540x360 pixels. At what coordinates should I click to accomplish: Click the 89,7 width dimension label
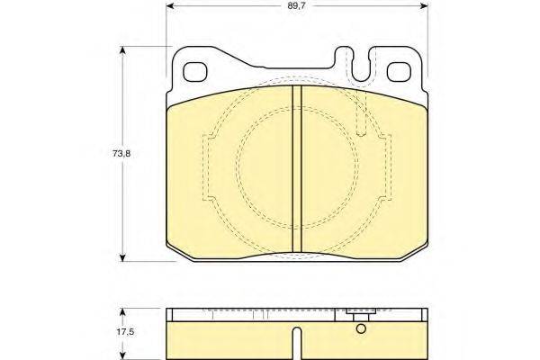(296, 6)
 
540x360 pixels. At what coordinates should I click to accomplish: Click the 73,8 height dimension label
(121, 154)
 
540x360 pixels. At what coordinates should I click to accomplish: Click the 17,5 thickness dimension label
(125, 332)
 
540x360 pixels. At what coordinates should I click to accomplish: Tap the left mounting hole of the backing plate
(195, 72)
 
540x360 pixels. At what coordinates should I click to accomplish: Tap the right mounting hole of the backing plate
(399, 72)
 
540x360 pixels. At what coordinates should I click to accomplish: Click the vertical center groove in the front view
(296, 169)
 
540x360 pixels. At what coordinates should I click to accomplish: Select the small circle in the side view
(361, 328)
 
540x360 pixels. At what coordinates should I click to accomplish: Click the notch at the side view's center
(296, 343)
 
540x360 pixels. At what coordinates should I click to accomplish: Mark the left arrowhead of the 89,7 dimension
(169, 6)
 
